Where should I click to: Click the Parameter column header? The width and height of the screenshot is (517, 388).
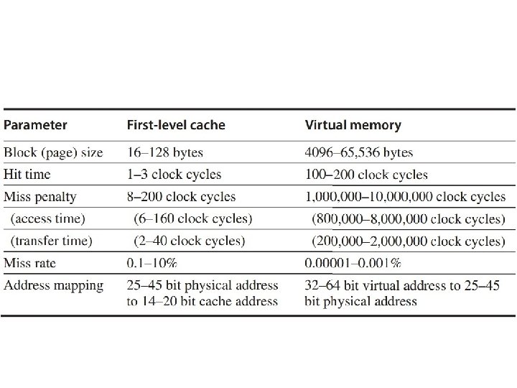[x=35, y=125]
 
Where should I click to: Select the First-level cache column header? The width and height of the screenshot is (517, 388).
[x=176, y=125]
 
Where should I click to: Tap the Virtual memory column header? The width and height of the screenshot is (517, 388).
[x=353, y=125]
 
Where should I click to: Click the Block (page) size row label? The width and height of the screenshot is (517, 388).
[x=53, y=152]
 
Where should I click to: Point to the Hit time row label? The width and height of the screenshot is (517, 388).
[x=27, y=174]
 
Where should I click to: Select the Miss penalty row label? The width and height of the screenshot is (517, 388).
[x=40, y=197]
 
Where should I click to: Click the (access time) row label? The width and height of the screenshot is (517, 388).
[x=48, y=218]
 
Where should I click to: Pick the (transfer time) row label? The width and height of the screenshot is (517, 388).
[x=52, y=241]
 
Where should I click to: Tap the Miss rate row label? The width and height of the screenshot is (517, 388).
[x=29, y=263]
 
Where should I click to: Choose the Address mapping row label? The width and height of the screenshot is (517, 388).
[x=53, y=286]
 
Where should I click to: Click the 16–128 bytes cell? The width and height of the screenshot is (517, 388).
[x=165, y=152]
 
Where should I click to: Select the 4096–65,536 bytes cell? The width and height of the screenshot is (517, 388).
[x=359, y=152]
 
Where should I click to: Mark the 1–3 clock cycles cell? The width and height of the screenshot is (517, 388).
[x=174, y=175]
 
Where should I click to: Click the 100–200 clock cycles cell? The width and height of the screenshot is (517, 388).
[x=366, y=175]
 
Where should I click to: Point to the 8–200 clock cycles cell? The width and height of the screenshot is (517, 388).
[x=182, y=197]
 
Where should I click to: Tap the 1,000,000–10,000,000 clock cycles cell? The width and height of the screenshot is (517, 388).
[x=405, y=197]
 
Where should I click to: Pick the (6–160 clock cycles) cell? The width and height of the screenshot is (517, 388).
[x=193, y=218]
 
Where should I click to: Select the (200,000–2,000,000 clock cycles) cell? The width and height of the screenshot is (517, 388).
[x=409, y=241]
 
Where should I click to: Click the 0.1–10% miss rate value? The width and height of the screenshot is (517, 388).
[x=152, y=263]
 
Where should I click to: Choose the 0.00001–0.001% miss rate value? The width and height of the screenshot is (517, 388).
[x=353, y=263]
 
